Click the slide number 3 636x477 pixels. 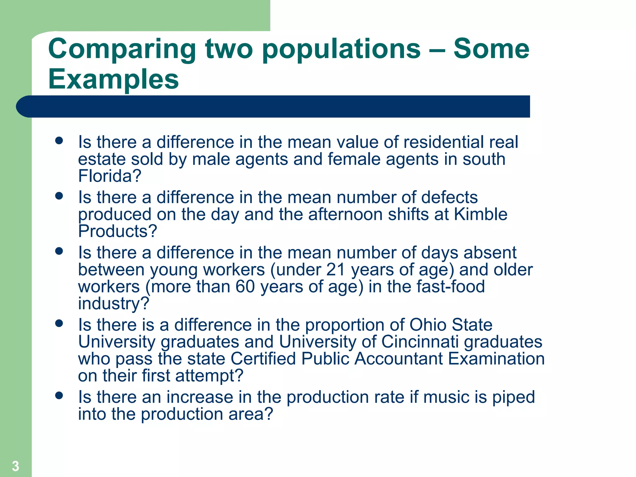[16, 466]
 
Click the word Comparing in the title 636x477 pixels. [122, 50]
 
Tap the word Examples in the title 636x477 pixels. [113, 79]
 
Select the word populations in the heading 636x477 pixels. [341, 50]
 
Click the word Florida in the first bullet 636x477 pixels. [110, 176]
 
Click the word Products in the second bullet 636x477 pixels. [117, 231]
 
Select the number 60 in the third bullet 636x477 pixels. [245, 286]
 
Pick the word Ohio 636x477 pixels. [428, 325]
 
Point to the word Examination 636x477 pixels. [496, 359]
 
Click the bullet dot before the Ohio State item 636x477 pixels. [59, 324]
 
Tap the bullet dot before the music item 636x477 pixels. [59, 396]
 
